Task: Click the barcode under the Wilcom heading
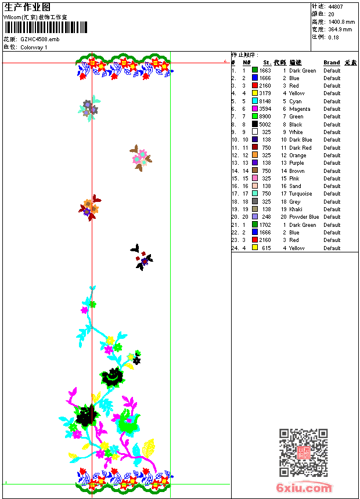click(46, 27)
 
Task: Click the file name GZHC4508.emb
click(39, 39)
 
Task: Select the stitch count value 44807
click(336, 7)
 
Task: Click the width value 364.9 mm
click(340, 30)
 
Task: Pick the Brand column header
click(332, 63)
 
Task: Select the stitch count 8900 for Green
click(265, 117)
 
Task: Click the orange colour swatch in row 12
click(255, 156)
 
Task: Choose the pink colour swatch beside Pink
click(255, 179)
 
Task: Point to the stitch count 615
click(266, 248)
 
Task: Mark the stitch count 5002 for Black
click(265, 125)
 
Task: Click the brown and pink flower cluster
click(140, 158)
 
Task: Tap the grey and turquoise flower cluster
click(89, 108)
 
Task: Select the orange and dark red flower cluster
click(89, 207)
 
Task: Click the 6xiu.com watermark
click(304, 488)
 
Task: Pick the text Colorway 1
click(34, 48)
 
